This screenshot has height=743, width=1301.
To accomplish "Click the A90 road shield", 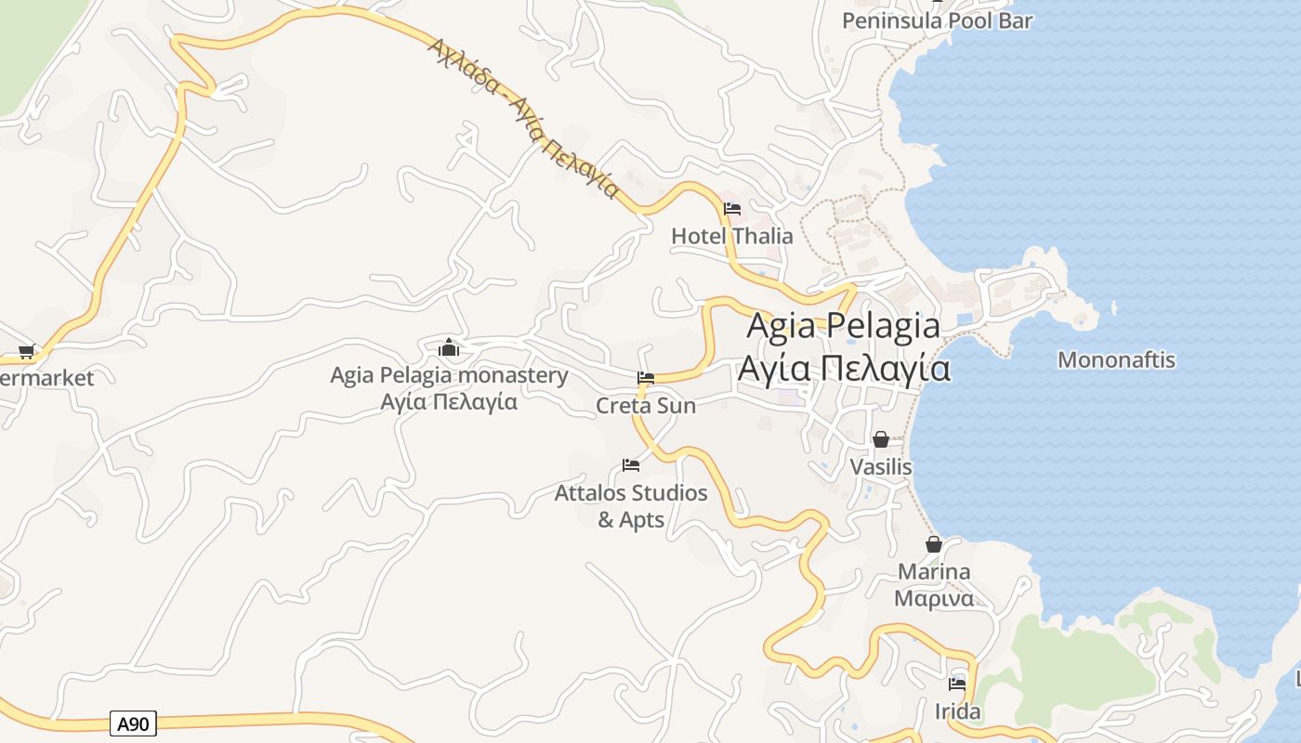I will pos(133,723).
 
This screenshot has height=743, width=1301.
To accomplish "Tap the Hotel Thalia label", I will pos(732,236).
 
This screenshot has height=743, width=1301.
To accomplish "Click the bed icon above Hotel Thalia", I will pos(732,208).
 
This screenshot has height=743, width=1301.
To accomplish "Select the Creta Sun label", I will pos(646,406).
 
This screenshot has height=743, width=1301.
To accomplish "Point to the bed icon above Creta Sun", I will pos(646,378).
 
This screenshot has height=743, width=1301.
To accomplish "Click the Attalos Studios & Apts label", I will pos(631,506).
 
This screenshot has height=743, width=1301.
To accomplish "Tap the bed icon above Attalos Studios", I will pos(631,464).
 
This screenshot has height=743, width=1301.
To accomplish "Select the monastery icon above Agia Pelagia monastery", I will pos(450,348).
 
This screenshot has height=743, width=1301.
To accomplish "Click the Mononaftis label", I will pos(1116,359).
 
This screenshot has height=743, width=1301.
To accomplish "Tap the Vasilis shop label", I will pos(881,466).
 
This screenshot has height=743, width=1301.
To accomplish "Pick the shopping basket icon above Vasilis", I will pos(881,438).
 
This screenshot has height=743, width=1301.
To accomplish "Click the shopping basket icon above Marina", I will pos(934,544).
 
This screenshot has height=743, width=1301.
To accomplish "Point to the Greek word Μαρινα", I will pos(934,598).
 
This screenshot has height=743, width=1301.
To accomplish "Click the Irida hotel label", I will pos(957,711).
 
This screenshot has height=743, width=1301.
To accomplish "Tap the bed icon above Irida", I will pos(957,684).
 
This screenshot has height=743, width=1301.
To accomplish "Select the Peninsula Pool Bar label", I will pos(937,20).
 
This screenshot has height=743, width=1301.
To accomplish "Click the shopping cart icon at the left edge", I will pos(26,352).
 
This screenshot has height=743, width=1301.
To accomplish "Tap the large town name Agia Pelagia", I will pos(843,326).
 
